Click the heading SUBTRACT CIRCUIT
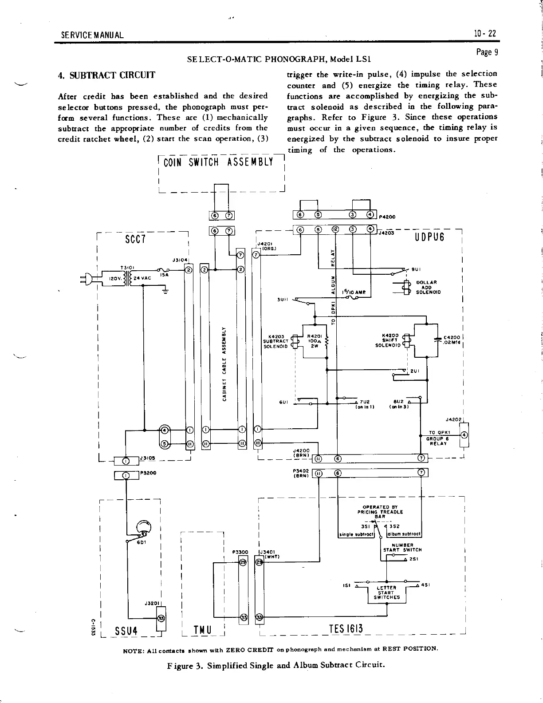click(x=107, y=75)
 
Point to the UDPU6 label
click(x=430, y=237)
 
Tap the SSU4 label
click(x=126, y=631)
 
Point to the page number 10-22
click(x=484, y=34)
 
